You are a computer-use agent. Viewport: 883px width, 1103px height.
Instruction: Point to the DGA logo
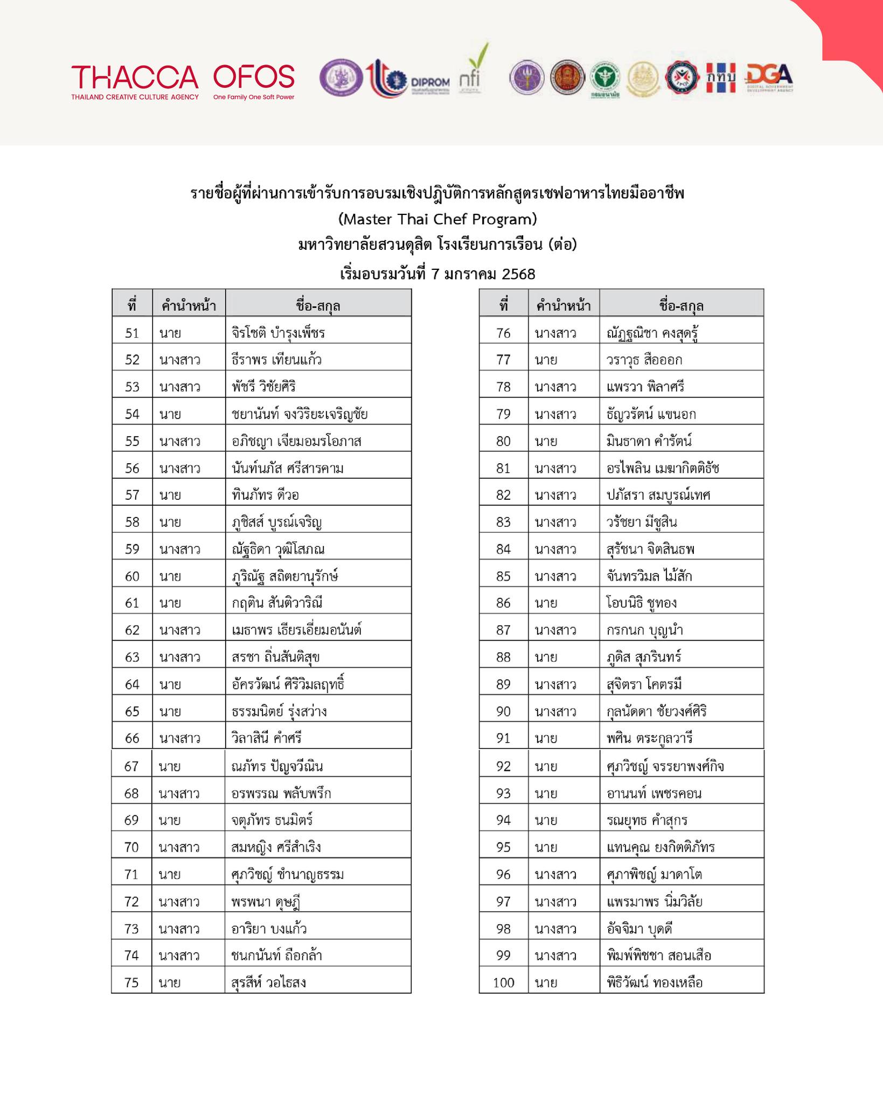[x=769, y=79]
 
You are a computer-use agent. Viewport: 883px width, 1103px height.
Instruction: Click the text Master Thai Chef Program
[x=437, y=219]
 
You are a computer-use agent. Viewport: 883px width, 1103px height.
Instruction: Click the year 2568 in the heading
[x=518, y=274]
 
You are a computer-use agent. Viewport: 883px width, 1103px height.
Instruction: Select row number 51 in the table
[x=132, y=333]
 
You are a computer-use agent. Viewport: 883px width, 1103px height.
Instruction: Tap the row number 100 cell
[x=504, y=982]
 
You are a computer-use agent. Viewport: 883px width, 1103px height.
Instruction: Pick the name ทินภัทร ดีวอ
[x=265, y=495]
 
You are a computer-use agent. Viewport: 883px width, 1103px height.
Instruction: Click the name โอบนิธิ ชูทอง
[x=642, y=603]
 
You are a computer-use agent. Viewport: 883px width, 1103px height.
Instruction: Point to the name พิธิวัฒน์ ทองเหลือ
[x=655, y=982]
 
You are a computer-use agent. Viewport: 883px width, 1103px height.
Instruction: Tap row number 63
[x=132, y=657]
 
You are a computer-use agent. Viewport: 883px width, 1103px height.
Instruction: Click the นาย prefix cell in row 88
[x=546, y=657]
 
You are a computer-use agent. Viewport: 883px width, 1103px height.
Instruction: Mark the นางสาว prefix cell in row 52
[x=180, y=360]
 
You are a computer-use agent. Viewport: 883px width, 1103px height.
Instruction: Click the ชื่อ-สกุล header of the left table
[x=318, y=306]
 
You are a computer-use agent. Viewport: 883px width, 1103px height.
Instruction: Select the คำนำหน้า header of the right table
[x=564, y=306]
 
